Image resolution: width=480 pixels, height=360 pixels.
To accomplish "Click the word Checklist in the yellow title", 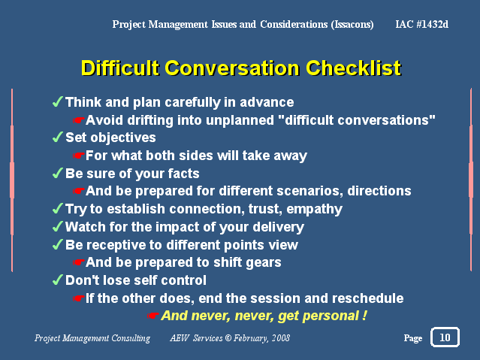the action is (353, 68).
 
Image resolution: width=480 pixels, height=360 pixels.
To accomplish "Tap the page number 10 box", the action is (445, 337).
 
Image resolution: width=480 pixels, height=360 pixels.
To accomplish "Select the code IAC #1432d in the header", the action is (422, 24).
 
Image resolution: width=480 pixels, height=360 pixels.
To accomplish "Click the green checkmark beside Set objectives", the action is (58, 137).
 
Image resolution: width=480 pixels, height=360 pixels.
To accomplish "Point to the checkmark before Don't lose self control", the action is (58, 280).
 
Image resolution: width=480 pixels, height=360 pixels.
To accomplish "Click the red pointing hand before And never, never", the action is (152, 315).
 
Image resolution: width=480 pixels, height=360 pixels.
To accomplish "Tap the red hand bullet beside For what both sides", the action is (78, 156).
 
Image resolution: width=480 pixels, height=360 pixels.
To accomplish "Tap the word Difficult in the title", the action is (120, 68).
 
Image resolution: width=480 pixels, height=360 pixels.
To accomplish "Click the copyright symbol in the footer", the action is (228, 337).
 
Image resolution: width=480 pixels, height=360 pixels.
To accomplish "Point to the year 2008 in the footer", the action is (281, 337).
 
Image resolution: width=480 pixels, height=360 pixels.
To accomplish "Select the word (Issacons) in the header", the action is (352, 24).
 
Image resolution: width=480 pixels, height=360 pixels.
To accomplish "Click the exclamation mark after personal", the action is (364, 315).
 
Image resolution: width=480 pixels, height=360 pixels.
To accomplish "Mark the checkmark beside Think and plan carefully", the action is (58, 101).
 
